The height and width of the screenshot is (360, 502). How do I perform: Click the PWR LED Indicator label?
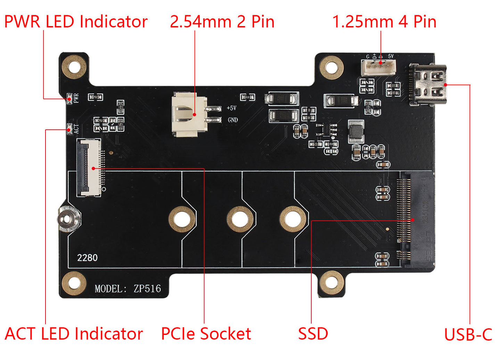tap(76, 22)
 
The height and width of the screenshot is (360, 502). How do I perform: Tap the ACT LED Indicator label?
tap(74, 334)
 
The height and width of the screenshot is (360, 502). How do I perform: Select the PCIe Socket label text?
tap(206, 334)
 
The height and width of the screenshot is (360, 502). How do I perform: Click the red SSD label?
tap(313, 334)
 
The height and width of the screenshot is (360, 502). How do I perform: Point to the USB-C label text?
tap(468, 335)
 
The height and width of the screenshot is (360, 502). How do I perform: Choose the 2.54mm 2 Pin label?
tap(222, 22)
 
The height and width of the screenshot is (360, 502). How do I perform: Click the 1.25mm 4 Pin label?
tap(384, 22)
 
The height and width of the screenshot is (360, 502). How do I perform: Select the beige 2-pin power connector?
tap(190, 114)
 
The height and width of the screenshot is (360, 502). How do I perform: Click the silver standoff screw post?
tap(67, 219)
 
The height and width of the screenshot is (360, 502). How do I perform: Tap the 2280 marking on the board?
tap(87, 258)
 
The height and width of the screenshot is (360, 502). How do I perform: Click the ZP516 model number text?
tap(147, 289)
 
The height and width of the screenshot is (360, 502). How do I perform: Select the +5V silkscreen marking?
tap(232, 108)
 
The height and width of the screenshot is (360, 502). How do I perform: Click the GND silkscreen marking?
tap(233, 120)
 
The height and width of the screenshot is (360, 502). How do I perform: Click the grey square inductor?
tap(355, 131)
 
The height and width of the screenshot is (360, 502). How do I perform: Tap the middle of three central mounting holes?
tap(240, 219)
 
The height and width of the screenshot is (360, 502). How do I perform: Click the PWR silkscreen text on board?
tap(76, 98)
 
